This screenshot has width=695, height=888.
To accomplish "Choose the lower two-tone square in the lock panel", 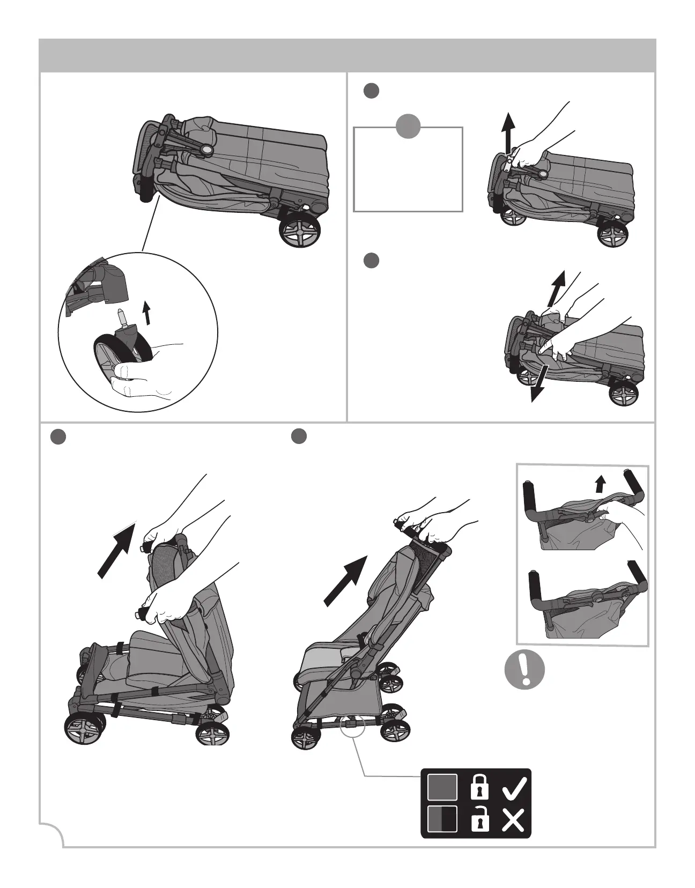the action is click(442, 819).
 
